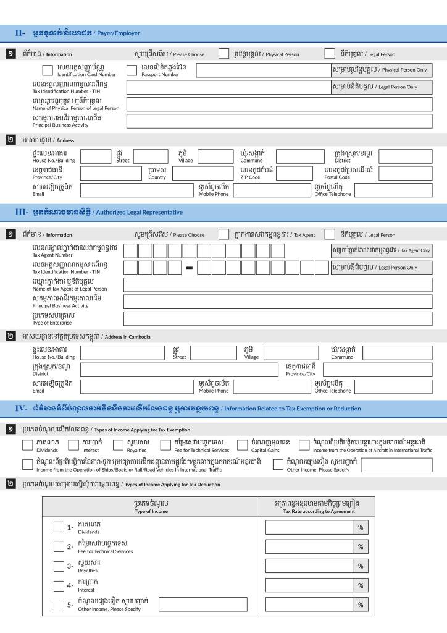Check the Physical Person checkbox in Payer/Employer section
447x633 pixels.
(223, 54)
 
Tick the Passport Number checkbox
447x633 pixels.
(132, 70)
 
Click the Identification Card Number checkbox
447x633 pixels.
(48, 70)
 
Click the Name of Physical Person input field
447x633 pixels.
(279, 104)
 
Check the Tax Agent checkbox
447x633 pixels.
(223, 234)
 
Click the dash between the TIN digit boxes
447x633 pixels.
(190, 268)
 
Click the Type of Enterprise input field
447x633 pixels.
(278, 319)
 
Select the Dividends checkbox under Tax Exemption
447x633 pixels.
(28, 445)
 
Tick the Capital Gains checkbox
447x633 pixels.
(243, 445)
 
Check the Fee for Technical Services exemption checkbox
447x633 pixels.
(165, 445)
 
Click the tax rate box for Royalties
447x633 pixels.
(309, 566)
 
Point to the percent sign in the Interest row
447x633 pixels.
(360, 585)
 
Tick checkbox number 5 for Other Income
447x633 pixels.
(59, 605)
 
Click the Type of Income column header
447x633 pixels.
(150, 507)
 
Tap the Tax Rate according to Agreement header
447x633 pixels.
(315, 507)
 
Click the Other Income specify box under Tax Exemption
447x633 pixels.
(396, 465)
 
